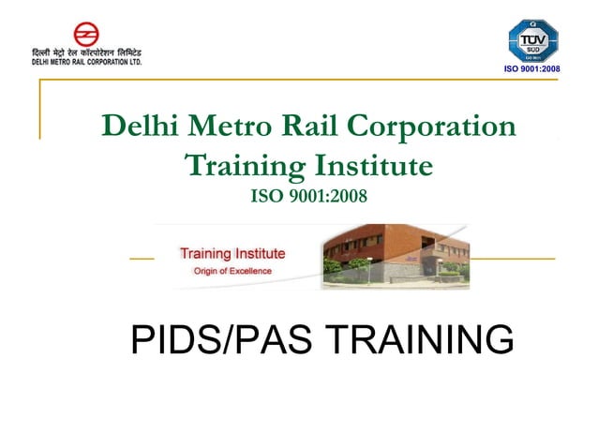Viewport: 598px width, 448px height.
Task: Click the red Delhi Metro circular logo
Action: point(86,35)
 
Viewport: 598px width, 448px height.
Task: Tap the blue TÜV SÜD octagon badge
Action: point(532,40)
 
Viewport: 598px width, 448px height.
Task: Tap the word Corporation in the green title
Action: point(433,127)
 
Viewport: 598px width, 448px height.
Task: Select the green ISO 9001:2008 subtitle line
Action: point(309,197)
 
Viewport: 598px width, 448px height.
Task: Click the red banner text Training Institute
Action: point(232,253)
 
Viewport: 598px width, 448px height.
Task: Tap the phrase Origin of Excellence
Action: point(232,271)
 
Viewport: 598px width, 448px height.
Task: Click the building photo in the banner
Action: point(395,256)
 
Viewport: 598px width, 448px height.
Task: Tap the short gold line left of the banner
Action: point(142,258)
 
